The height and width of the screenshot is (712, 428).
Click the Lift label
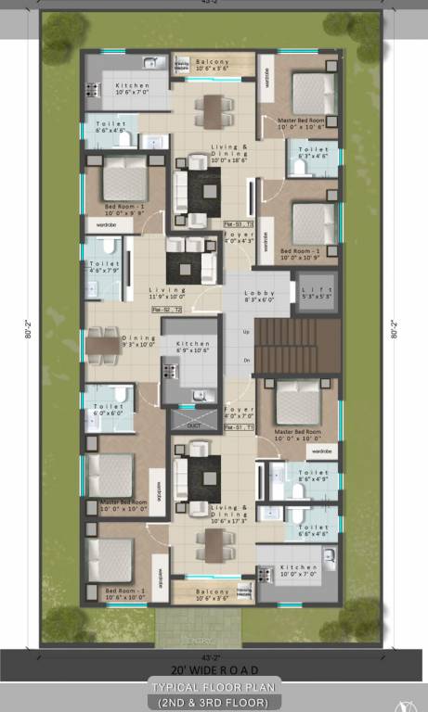click(x=317, y=295)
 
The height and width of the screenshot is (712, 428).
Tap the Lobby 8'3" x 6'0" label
click(x=260, y=295)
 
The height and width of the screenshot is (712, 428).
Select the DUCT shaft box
click(x=193, y=425)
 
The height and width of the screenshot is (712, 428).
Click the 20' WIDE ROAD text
click(x=214, y=669)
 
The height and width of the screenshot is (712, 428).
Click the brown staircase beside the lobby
click(x=292, y=345)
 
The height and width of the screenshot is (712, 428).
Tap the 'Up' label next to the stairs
click(x=245, y=331)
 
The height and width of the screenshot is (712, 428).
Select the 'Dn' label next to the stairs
click(x=245, y=360)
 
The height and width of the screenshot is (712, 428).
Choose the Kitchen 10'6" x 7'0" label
click(x=133, y=89)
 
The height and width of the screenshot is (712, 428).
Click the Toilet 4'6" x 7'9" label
click(x=103, y=267)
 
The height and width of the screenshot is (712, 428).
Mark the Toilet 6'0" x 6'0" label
click(x=109, y=410)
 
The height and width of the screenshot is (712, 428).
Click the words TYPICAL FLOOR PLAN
click(x=214, y=688)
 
